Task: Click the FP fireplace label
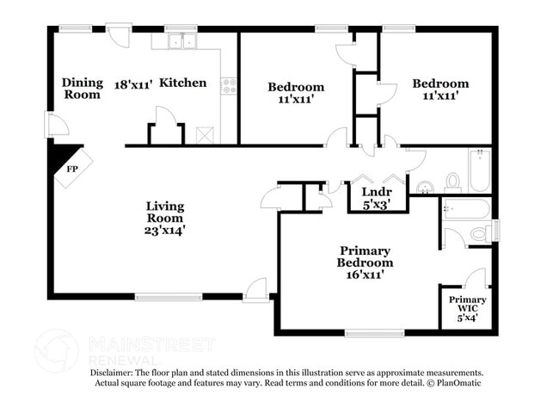click(72, 170)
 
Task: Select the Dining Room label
click(82, 89)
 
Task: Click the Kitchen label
click(183, 83)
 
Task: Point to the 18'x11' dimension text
click(133, 84)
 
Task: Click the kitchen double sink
click(182, 40)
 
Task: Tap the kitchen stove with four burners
click(230, 86)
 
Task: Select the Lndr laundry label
click(377, 192)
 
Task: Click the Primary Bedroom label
click(365, 256)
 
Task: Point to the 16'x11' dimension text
click(365, 275)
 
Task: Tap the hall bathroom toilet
click(453, 181)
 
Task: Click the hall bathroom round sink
click(424, 188)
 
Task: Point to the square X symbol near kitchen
click(205, 135)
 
